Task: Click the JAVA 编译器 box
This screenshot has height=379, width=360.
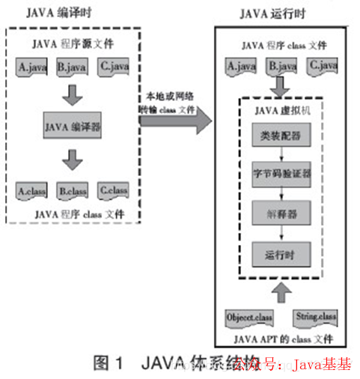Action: point(73,127)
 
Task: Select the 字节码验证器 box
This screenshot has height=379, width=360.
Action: point(278,173)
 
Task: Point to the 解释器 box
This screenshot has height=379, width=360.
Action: point(278,213)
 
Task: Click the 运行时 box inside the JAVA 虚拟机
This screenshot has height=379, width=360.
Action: point(278,253)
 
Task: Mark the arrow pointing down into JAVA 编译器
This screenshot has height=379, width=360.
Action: point(73,93)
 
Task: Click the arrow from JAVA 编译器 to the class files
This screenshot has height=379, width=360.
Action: point(73,160)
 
